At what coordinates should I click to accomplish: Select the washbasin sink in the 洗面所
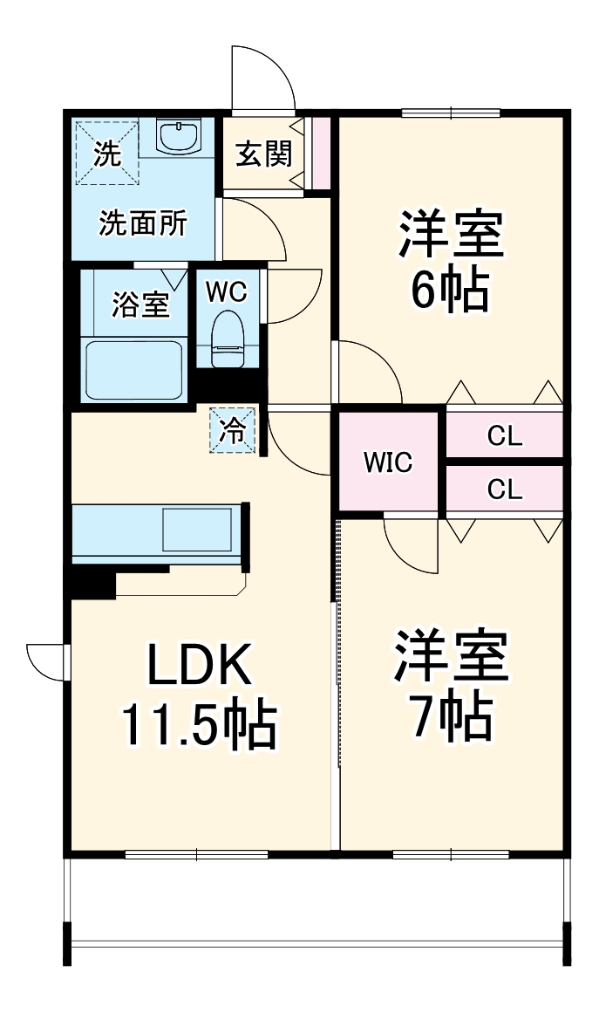point(180,137)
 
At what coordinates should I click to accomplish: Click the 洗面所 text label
point(142,223)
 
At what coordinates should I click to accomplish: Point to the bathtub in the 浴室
point(134,369)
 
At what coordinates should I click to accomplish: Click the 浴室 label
point(140,305)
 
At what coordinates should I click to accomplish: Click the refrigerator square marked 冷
point(234,430)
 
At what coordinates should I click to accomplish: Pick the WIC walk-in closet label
point(388,462)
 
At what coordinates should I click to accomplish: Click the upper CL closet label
point(505,436)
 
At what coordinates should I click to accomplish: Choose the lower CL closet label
point(505,490)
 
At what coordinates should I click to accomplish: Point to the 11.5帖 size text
point(198,725)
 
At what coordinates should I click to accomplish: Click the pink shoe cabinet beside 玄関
point(321,152)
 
